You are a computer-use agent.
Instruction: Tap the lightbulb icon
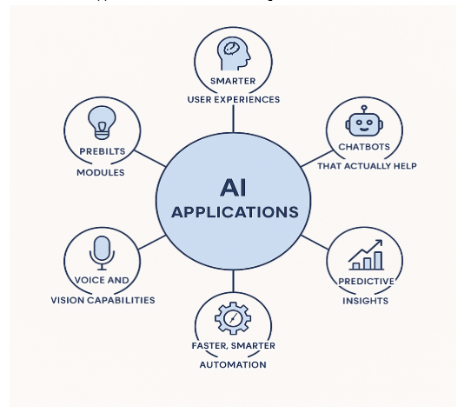coord(102,123)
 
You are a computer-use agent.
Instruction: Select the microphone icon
coord(102,253)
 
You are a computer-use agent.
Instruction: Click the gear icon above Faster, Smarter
coord(233,318)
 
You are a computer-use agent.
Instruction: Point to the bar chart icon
coord(366,255)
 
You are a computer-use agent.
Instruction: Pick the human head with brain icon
coord(234,54)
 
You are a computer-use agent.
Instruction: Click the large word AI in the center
coord(234,188)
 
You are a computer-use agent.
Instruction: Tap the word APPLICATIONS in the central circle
coord(235,212)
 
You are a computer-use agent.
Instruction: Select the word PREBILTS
coord(103,151)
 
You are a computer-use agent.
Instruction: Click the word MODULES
coord(101,172)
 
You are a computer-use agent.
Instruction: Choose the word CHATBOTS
coord(364,147)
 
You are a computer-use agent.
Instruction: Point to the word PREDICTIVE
coord(366,282)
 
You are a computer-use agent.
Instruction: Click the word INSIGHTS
coord(365,301)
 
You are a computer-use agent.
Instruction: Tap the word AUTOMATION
coord(233,364)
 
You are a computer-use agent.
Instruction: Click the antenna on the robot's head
coord(364,109)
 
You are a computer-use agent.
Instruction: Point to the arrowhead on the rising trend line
coord(379,243)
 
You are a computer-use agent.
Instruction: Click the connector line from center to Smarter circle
coord(234,119)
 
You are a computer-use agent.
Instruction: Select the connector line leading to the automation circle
coord(234,281)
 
